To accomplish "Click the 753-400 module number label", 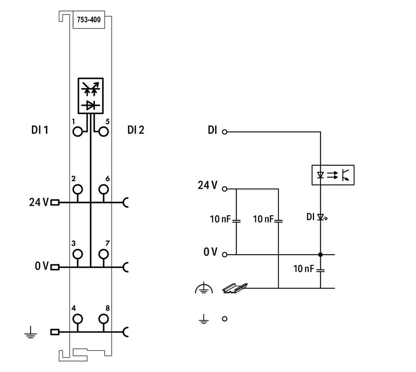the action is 89,19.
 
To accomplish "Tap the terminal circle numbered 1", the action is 78,132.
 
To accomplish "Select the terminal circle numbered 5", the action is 104,132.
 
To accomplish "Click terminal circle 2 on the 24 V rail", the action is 78,190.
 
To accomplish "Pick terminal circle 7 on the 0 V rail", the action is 104,254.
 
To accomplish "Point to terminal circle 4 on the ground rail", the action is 78,319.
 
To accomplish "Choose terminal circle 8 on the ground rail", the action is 104,319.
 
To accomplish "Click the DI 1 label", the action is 40,130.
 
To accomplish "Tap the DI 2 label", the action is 136,130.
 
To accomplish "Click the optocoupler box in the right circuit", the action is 333,175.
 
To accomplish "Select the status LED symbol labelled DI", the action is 322,217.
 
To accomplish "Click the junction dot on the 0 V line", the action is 321,255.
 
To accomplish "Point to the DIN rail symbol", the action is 235,288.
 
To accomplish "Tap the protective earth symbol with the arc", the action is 204,288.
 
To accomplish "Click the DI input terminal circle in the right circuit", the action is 224,132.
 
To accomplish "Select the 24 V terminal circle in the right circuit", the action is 224,189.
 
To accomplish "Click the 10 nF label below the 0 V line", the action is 303,268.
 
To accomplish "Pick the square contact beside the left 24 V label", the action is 55,203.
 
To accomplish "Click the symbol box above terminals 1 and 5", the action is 91,96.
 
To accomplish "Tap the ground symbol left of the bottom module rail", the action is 31,333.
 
